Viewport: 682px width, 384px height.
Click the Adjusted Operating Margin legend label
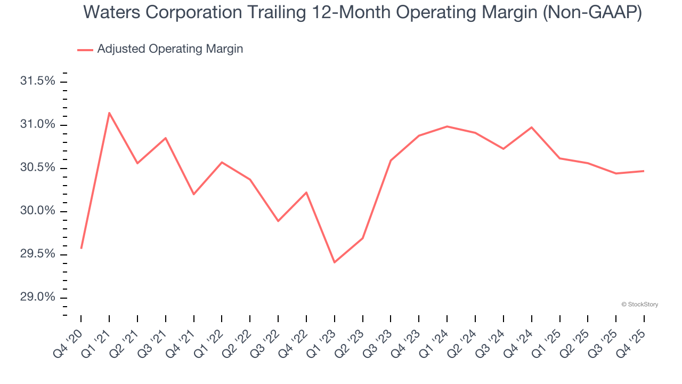(170, 49)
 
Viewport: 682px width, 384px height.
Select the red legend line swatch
(85, 50)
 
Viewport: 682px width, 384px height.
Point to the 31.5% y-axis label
(38, 82)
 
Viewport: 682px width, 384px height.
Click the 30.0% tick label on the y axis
(38, 211)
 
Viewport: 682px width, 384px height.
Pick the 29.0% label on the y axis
(38, 297)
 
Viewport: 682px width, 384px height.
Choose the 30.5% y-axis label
(38, 168)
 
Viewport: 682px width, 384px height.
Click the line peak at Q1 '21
(109, 113)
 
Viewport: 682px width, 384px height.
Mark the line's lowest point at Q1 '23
(334, 262)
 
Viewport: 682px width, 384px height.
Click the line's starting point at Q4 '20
(81, 248)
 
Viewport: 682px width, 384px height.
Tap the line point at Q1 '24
(447, 126)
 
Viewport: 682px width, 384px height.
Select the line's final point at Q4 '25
(644, 171)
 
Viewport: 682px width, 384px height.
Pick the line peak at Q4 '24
(531, 127)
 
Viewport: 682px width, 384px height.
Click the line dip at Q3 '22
(278, 221)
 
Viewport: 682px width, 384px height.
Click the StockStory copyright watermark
(639, 305)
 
